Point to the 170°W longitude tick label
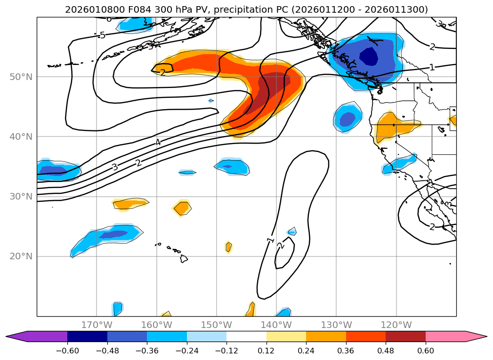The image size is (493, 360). tap(97, 325)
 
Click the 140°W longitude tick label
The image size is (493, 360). tap(276, 325)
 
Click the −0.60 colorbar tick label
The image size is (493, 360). tap(67, 352)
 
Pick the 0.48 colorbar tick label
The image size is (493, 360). tap(386, 352)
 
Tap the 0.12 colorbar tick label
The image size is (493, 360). tap(267, 352)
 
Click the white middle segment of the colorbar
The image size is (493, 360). tap(246, 336)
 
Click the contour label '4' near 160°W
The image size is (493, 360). tap(158, 142)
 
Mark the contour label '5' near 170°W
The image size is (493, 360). tap(102, 35)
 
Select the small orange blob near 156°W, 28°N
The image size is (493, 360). tap(182, 208)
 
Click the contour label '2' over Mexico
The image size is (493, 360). tap(432, 227)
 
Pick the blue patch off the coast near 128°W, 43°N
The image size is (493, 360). tap(348, 119)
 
